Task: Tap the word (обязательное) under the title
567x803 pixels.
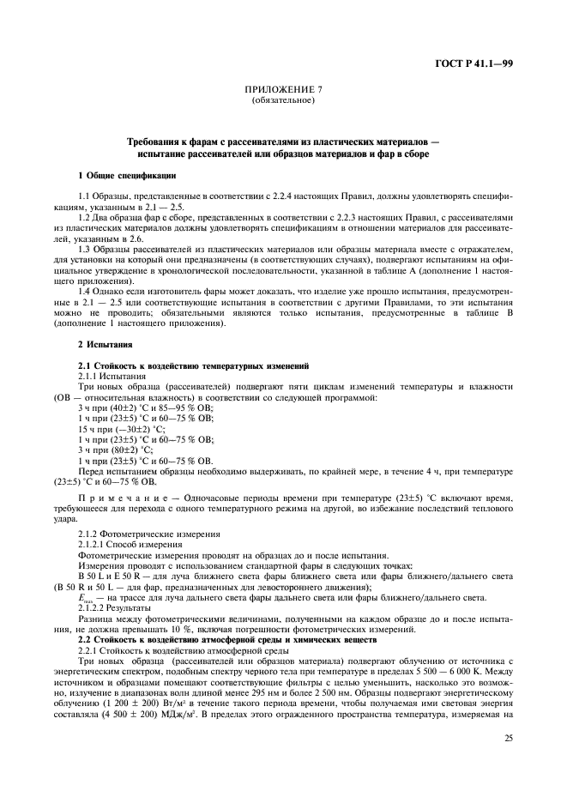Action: pyautogui.click(x=283, y=100)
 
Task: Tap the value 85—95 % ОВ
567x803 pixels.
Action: pyautogui.click(x=188, y=408)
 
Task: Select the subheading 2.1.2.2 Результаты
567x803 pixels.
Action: pyautogui.click(x=115, y=608)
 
